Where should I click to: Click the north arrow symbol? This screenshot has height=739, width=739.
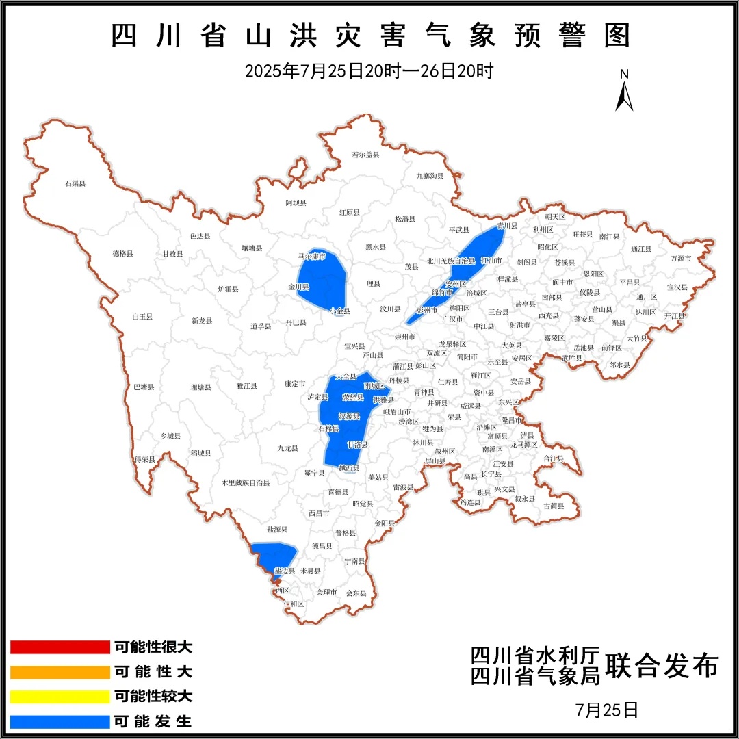tap(624, 92)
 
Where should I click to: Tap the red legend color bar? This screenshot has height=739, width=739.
tap(60, 647)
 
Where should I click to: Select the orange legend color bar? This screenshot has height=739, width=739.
tap(60, 672)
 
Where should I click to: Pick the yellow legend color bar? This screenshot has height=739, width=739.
tap(60, 697)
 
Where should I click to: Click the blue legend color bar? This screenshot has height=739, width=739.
tap(60, 721)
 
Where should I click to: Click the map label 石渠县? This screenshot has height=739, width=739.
tap(75, 183)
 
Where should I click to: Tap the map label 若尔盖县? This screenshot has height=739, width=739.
tap(365, 155)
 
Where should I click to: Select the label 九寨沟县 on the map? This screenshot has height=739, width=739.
tap(430, 176)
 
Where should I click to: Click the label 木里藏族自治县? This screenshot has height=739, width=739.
tap(245, 482)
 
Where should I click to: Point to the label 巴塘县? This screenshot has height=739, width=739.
tap(144, 387)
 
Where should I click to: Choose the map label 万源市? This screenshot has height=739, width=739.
tap(681, 259)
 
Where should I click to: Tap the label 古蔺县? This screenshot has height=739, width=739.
tap(554, 506)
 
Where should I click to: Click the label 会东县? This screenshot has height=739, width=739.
tap(356, 593)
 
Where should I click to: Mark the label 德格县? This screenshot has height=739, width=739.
tap(123, 253)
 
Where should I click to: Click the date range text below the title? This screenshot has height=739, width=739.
tap(369, 70)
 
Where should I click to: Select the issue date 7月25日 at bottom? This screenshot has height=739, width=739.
tap(606, 710)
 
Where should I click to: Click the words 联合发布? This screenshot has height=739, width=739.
tap(663, 665)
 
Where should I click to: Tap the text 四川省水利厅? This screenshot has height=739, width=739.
tap(535, 655)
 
